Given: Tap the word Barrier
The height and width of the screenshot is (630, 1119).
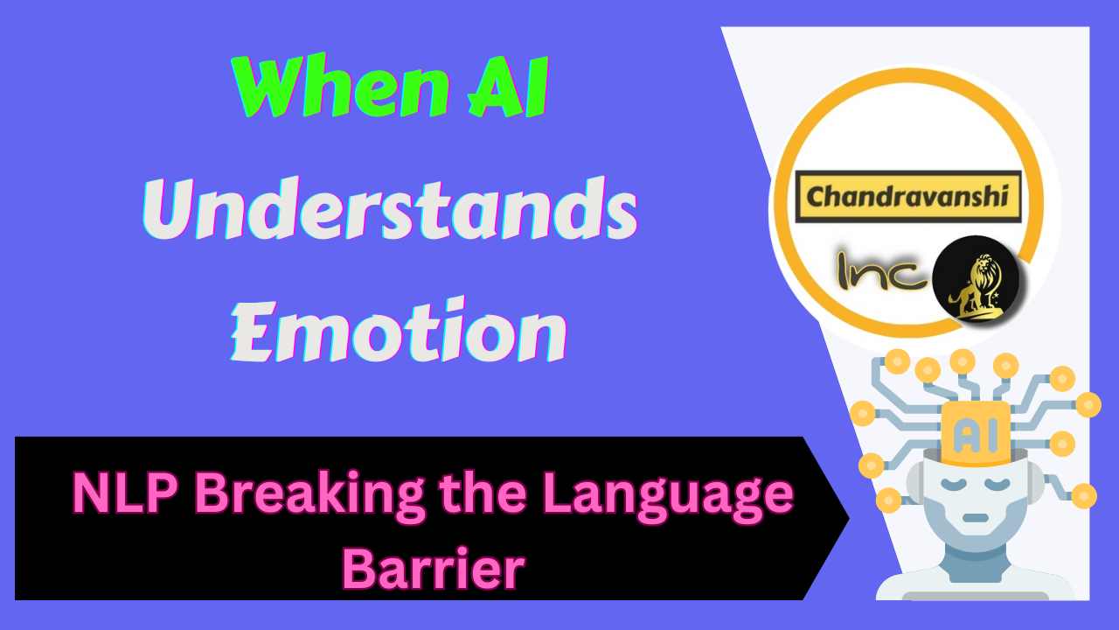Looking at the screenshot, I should pos(433,568).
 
